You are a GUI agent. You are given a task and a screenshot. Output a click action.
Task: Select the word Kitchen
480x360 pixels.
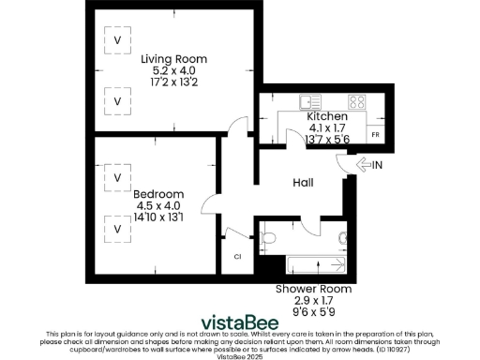328,116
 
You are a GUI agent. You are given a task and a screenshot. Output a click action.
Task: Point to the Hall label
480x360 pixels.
303,183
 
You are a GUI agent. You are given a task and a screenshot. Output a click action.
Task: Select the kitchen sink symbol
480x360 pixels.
309,101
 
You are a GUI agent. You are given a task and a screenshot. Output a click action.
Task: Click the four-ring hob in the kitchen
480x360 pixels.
356,101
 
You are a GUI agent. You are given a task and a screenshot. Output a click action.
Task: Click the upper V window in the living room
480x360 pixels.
117,41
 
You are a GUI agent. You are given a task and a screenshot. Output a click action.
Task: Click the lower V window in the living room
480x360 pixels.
117,100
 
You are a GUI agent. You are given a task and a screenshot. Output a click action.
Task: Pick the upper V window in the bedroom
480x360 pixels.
117,176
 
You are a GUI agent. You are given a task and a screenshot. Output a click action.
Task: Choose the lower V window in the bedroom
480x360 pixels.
117,228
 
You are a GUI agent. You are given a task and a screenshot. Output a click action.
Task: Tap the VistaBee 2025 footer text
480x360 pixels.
241,356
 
